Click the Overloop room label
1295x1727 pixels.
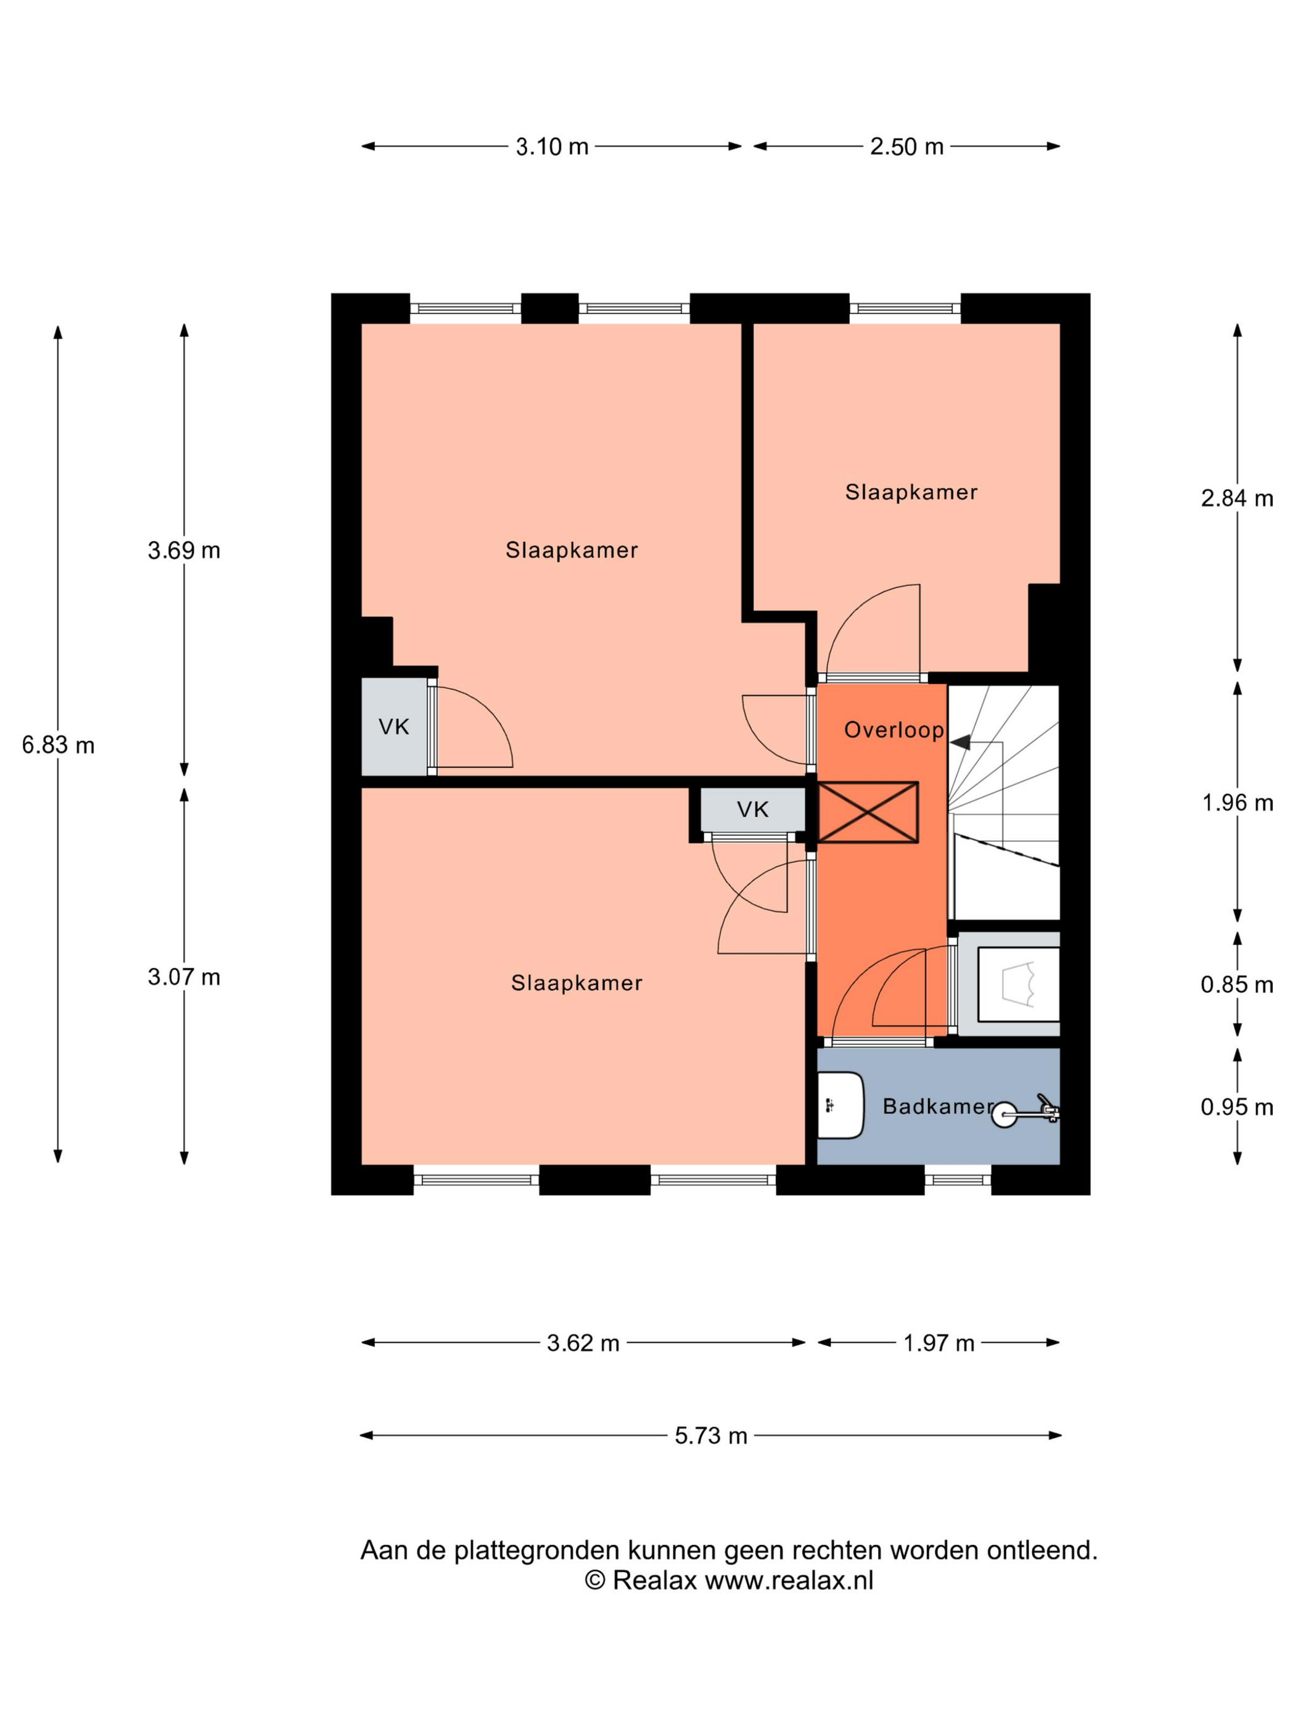[894, 731]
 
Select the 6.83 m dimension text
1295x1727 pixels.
[58, 746]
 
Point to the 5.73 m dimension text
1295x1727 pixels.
[711, 1436]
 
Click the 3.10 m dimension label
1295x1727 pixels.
[552, 147]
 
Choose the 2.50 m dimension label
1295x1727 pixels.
[907, 147]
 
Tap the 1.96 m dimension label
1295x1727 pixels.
[1237, 802]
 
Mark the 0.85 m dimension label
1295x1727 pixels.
[1237, 984]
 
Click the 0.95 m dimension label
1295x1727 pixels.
[1237, 1107]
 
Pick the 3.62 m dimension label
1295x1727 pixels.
[583, 1343]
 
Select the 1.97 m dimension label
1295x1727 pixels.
[939, 1343]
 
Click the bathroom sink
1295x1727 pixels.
[841, 1105]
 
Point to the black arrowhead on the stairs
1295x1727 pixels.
[960, 742]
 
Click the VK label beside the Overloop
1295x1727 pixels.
[754, 810]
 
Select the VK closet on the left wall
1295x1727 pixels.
[394, 727]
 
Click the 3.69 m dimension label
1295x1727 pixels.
[184, 551]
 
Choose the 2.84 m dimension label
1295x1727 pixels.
[1237, 498]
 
